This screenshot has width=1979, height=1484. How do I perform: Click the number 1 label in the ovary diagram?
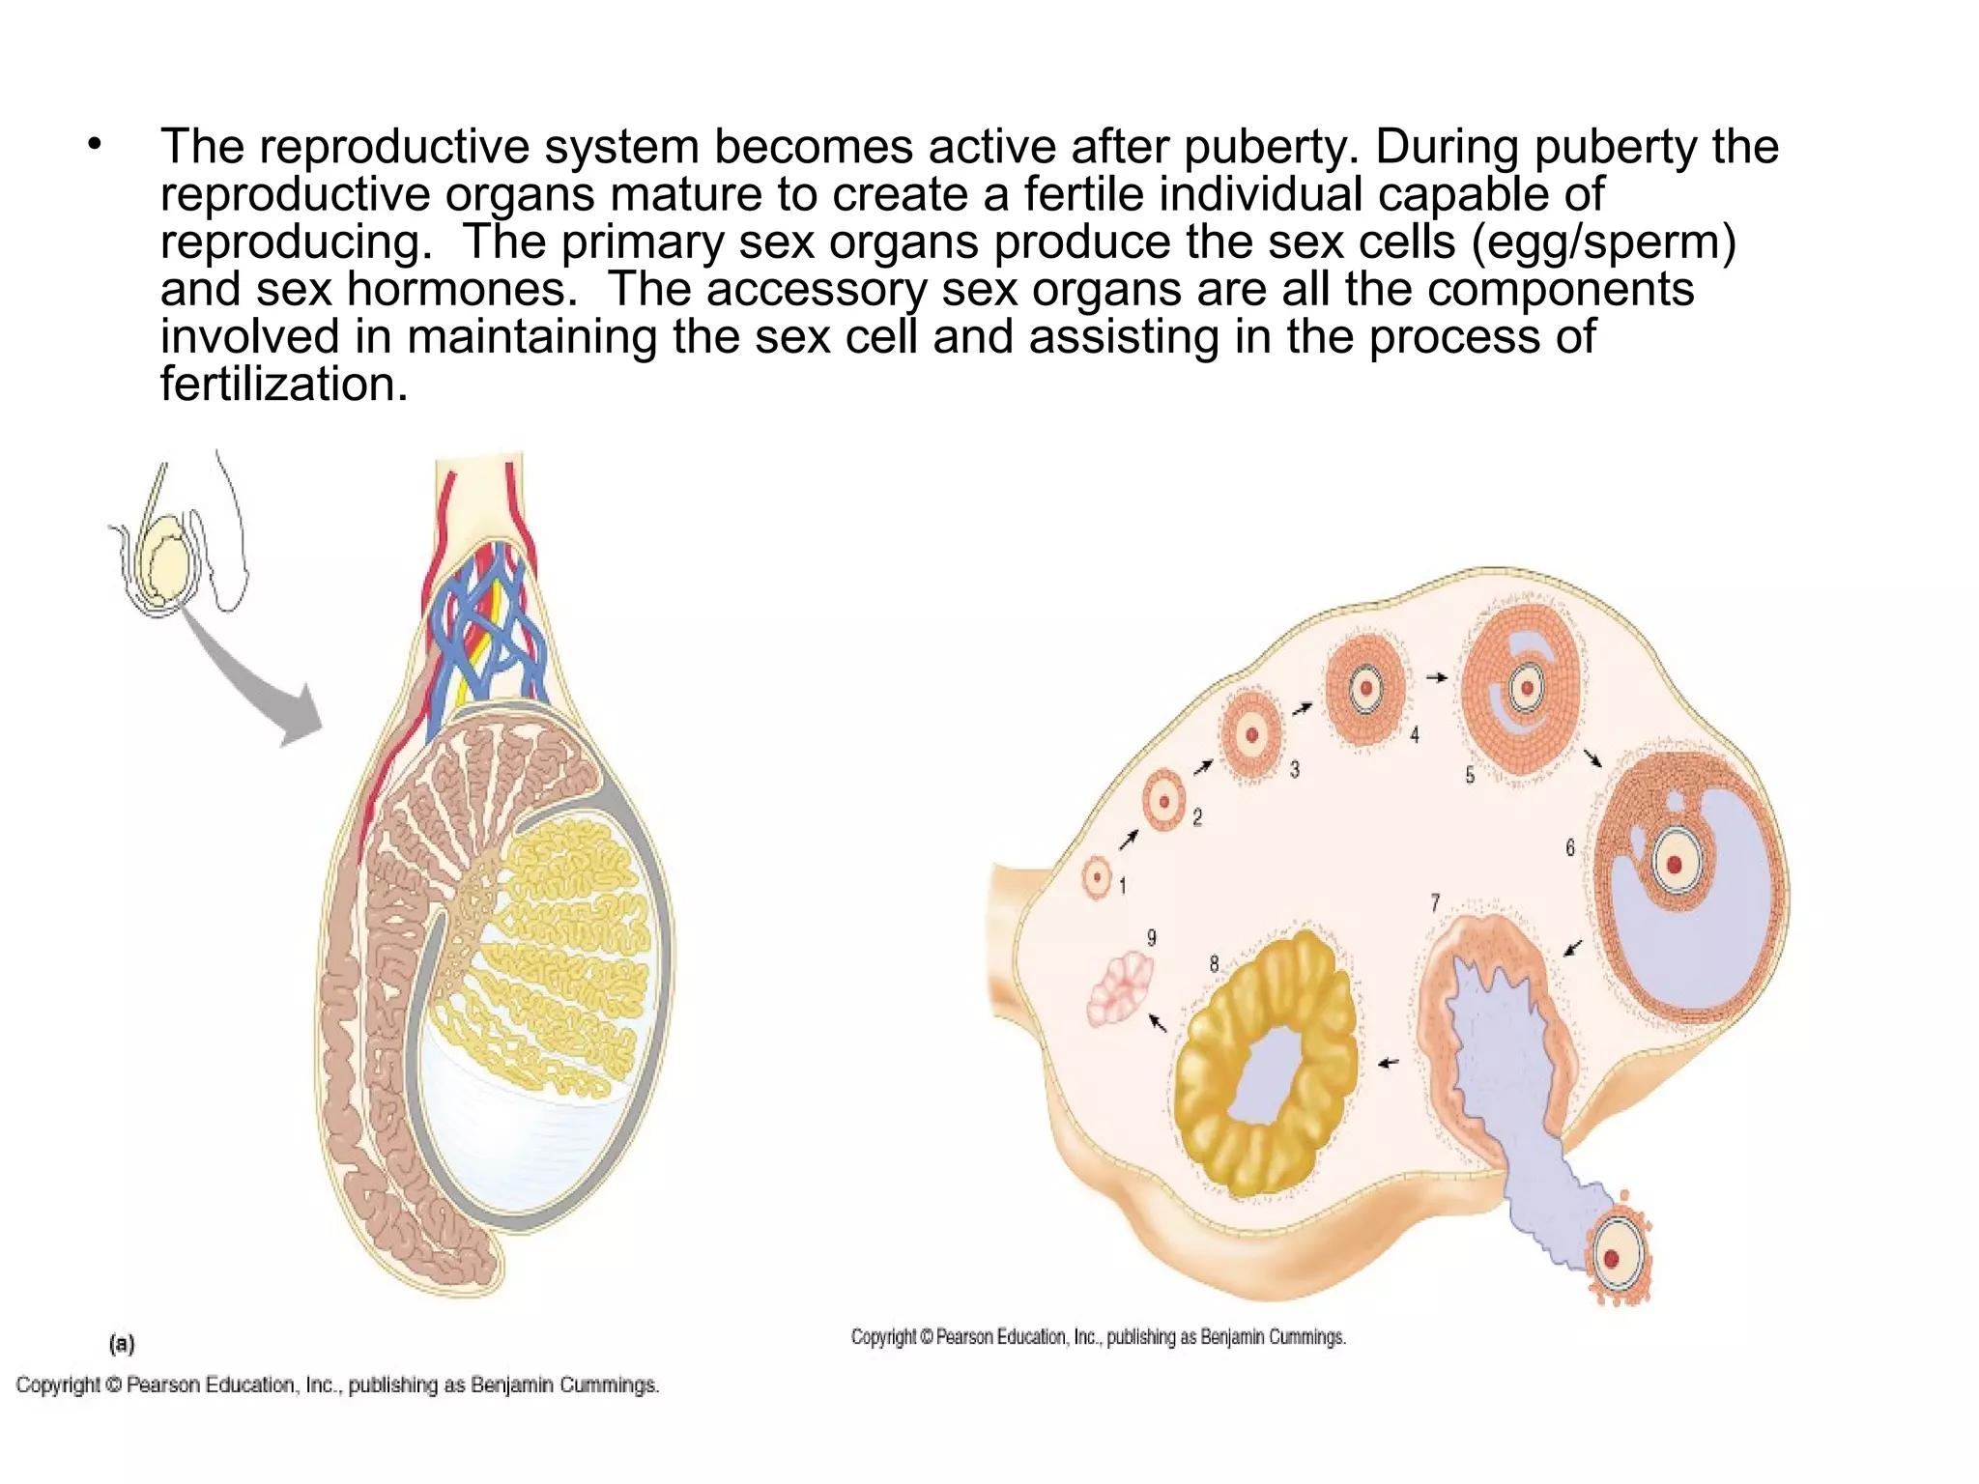[x=1122, y=885]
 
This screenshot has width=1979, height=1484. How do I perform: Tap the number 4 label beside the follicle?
[x=1414, y=735]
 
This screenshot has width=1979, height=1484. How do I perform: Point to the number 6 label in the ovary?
[x=1570, y=847]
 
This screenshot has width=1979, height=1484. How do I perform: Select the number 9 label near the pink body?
[x=1151, y=937]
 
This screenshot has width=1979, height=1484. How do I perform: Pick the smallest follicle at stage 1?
[x=1097, y=878]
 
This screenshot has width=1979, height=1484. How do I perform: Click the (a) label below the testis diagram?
[x=122, y=1343]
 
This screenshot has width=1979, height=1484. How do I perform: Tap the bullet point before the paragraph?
[x=94, y=146]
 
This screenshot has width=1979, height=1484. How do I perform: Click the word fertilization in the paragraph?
[x=283, y=385]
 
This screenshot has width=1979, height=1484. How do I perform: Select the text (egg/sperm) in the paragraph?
[x=1603, y=242]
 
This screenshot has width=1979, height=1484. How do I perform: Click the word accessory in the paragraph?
[x=817, y=289]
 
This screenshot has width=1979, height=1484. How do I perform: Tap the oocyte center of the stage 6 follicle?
[x=1675, y=864]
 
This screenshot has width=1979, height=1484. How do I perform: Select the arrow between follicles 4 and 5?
[x=1437, y=677]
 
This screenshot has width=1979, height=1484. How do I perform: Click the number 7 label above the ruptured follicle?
[x=1435, y=902]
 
